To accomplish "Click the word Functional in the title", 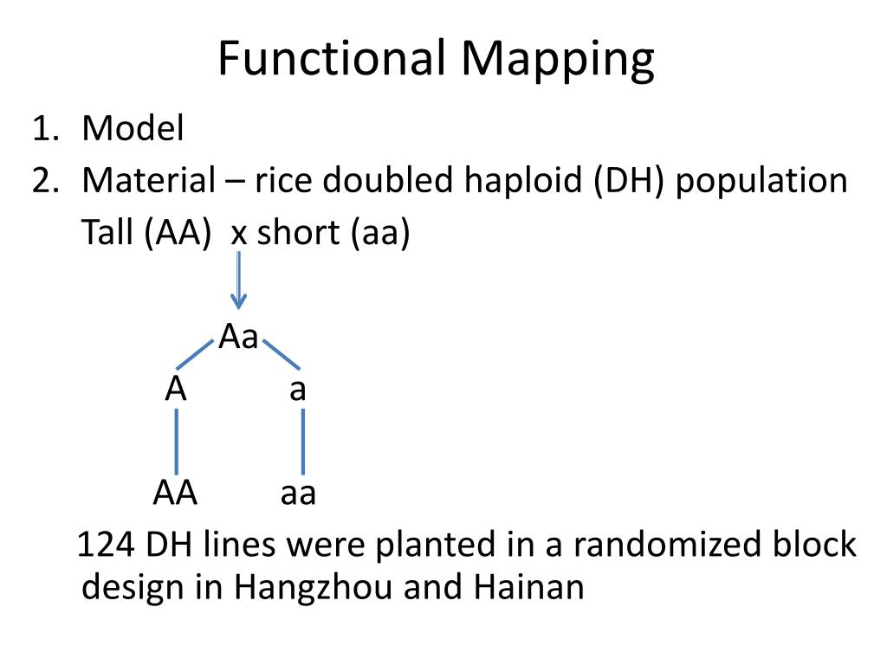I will (x=332, y=59).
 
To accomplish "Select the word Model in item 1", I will (x=133, y=129).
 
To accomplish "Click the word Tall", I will (x=106, y=233).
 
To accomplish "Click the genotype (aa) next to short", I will (x=379, y=233).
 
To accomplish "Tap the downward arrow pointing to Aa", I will (x=238, y=279).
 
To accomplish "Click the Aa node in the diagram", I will (x=238, y=337).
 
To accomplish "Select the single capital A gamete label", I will (x=176, y=390).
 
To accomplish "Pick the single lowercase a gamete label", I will (x=298, y=390).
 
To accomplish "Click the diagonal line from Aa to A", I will (x=195, y=354).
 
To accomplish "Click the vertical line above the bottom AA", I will (x=177, y=441).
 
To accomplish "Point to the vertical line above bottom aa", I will (x=302, y=441).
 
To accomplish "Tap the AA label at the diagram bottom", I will (x=176, y=493).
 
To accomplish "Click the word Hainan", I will (x=528, y=587).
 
